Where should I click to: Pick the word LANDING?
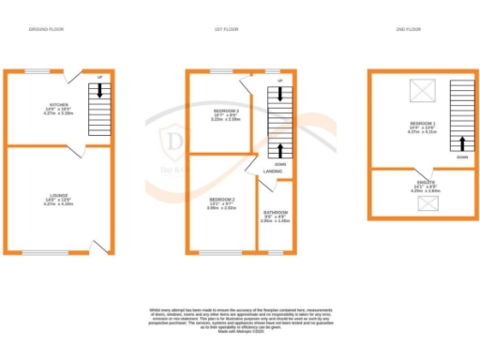click(273, 172)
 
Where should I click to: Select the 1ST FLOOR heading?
click(226, 30)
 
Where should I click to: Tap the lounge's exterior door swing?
click(100, 245)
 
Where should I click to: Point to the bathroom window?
click(274, 252)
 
